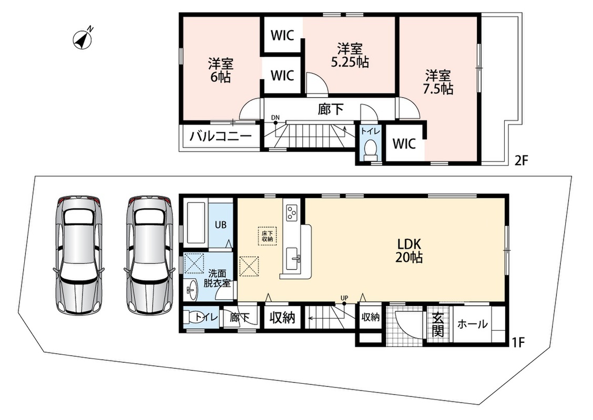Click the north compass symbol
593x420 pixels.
click(83, 39)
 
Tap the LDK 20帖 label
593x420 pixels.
click(409, 250)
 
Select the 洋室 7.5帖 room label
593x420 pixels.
click(438, 82)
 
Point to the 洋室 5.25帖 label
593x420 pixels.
click(350, 55)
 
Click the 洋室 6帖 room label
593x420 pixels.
click(220, 70)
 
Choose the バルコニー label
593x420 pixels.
click(221, 136)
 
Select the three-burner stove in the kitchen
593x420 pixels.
click(292, 212)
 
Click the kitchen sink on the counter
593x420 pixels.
click(292, 259)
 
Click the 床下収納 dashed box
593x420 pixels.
click(268, 236)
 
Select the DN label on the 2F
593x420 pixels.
click(275, 118)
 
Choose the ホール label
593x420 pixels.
click(473, 324)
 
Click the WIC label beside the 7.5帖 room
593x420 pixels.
click(404, 143)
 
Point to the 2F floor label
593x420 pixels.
click(520, 161)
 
